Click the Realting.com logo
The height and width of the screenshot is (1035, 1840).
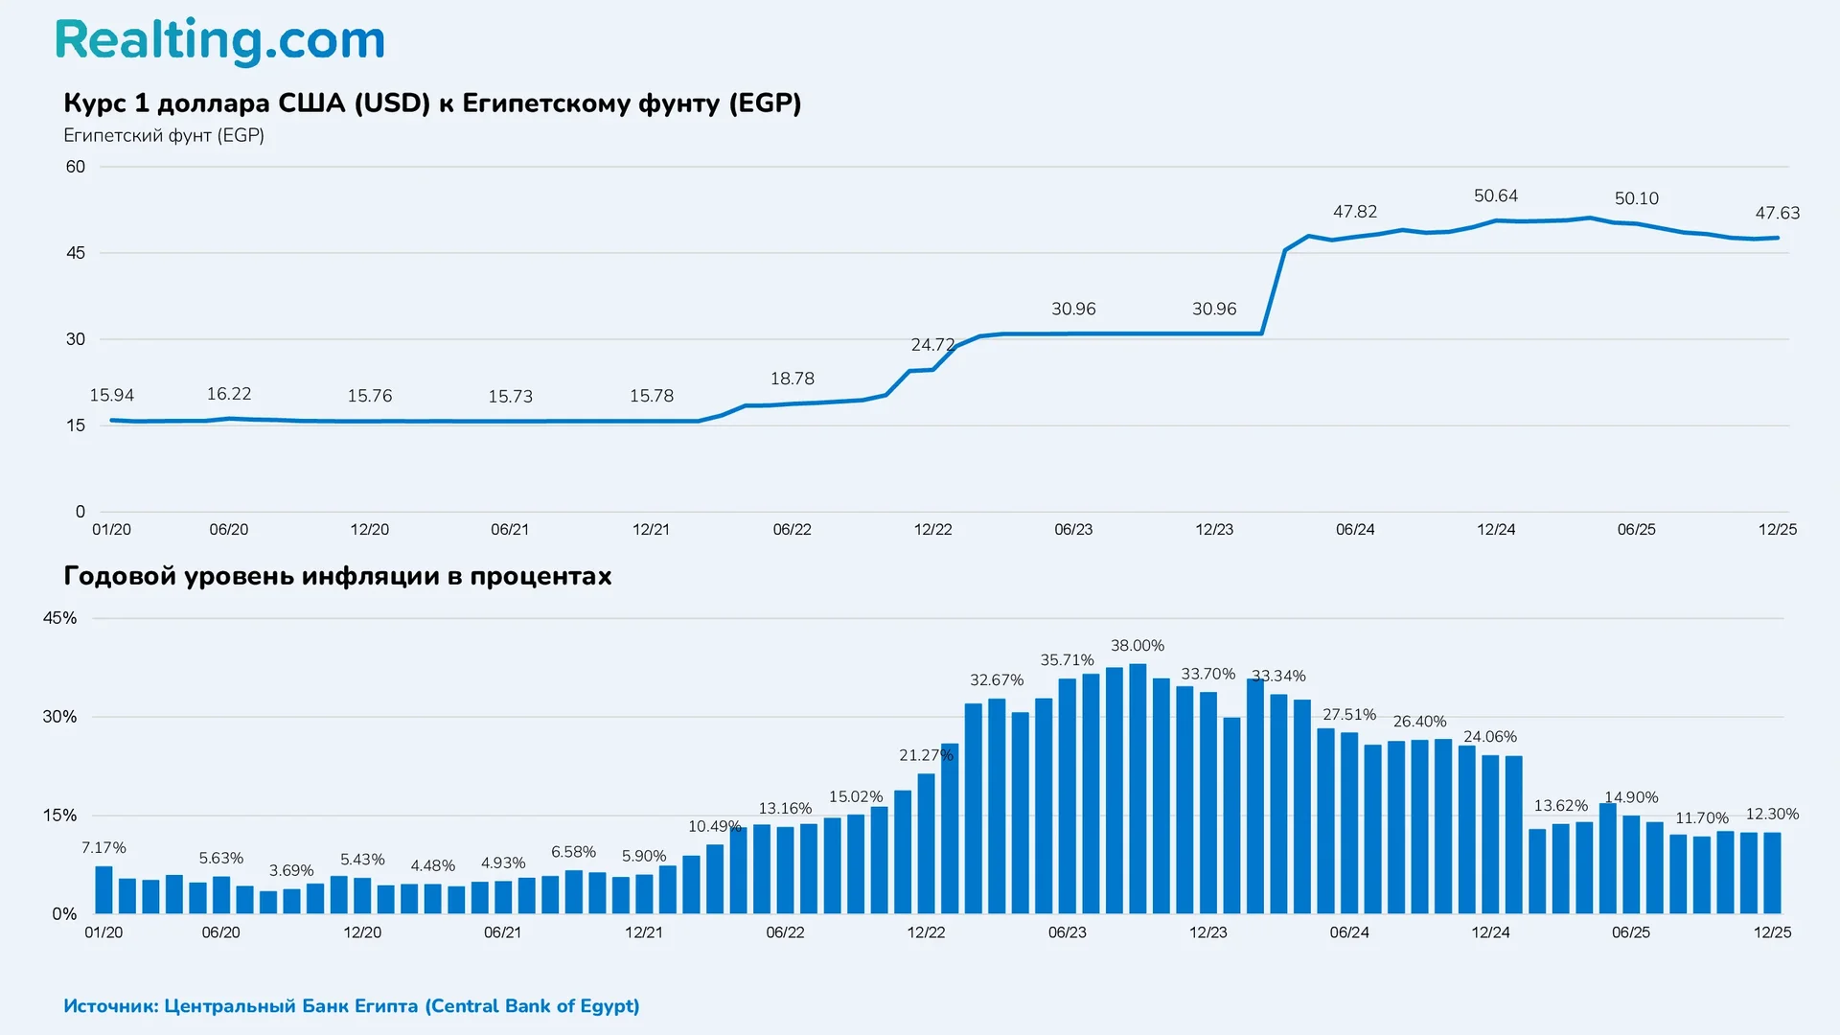(219, 41)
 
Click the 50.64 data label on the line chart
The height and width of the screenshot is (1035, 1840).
(1495, 195)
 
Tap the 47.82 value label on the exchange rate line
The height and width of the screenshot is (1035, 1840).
(1354, 211)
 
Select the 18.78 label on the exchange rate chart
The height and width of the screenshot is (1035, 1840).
(792, 379)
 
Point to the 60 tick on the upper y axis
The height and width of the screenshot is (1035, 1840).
(76, 167)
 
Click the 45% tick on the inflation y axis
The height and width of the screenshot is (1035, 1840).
(59, 618)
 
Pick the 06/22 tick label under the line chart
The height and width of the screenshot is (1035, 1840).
(792, 529)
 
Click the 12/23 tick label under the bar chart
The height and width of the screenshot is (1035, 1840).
(1207, 932)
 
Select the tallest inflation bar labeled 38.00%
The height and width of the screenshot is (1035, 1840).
(1138, 788)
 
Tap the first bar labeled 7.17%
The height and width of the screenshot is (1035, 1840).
(103, 889)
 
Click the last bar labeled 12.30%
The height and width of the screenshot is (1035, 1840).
(1772, 872)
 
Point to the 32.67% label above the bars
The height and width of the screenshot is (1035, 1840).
(996, 679)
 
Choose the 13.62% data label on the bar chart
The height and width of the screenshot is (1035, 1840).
(1560, 805)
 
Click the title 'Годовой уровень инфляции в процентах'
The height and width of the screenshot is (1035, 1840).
(337, 576)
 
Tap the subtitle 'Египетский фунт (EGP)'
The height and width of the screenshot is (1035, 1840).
(164, 135)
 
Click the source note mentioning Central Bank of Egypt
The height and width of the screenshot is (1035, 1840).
(351, 1005)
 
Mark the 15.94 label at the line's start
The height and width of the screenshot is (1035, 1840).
(111, 395)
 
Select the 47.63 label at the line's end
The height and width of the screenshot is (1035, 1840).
(1777, 213)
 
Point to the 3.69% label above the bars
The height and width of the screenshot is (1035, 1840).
(290, 870)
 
